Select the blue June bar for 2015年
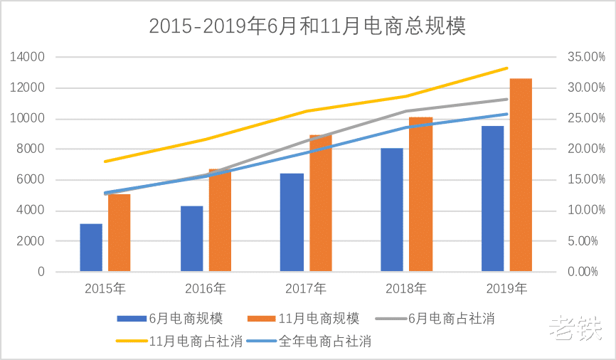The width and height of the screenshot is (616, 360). tap(91, 248)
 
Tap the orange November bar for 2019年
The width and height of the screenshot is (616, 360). tap(521, 175)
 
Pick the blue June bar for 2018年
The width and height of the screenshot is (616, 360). tap(392, 210)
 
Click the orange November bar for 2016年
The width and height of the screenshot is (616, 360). tap(220, 221)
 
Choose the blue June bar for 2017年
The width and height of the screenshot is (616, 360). tap(292, 223)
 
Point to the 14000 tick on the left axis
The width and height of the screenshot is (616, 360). tap(29, 57)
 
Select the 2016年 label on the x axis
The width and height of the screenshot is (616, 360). tap(206, 289)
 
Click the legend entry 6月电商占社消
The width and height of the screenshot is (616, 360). tap(442, 318)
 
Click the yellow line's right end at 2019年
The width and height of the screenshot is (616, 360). tap(507, 68)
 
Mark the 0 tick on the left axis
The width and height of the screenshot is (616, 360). tap(41, 272)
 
